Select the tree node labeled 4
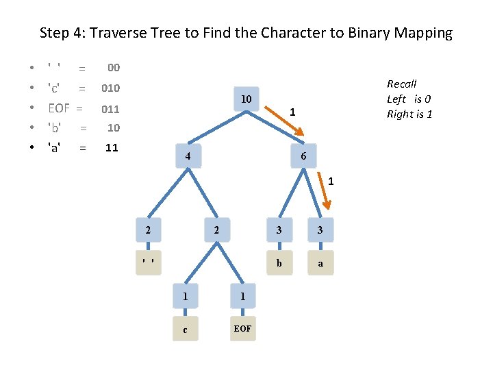point(186,157)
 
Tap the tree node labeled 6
point(303,157)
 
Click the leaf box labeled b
point(278,262)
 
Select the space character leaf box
point(148,262)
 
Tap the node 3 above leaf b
point(278,230)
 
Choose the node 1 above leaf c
point(185,296)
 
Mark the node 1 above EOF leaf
point(242,296)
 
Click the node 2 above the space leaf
point(148,230)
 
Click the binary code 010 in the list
point(111,88)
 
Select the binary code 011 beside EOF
point(111,108)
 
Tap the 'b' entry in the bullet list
point(55,127)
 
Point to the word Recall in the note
point(401,84)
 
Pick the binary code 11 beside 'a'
point(112,147)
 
